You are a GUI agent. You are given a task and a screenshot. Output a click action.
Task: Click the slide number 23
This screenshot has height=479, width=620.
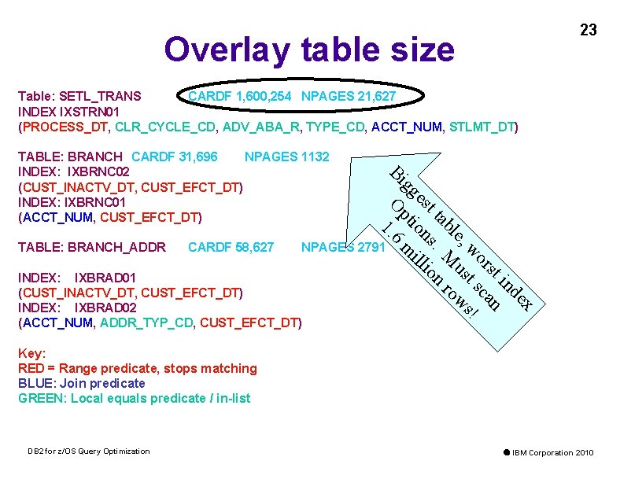pyautogui.click(x=588, y=31)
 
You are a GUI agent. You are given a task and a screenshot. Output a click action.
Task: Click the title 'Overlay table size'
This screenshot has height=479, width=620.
pyautogui.click(x=309, y=50)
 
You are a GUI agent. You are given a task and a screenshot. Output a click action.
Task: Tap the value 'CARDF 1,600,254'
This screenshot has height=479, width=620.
pyautogui.click(x=239, y=97)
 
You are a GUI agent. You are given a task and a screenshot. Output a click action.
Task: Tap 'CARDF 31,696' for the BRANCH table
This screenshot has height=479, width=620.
pyautogui.click(x=175, y=157)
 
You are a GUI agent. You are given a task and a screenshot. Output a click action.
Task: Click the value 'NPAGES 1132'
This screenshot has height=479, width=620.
pyautogui.click(x=286, y=157)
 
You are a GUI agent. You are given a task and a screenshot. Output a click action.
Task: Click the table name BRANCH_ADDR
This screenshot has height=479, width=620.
pyautogui.click(x=117, y=248)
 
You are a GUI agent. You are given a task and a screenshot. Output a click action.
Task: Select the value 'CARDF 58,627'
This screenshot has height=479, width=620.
pyautogui.click(x=231, y=248)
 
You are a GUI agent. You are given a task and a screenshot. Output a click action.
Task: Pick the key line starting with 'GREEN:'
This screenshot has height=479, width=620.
pyautogui.click(x=134, y=398)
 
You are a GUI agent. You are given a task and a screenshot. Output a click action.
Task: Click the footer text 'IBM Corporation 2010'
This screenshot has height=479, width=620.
pyautogui.click(x=553, y=453)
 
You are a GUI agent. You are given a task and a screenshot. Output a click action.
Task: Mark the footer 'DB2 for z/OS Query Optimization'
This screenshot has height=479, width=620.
pyautogui.click(x=88, y=451)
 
